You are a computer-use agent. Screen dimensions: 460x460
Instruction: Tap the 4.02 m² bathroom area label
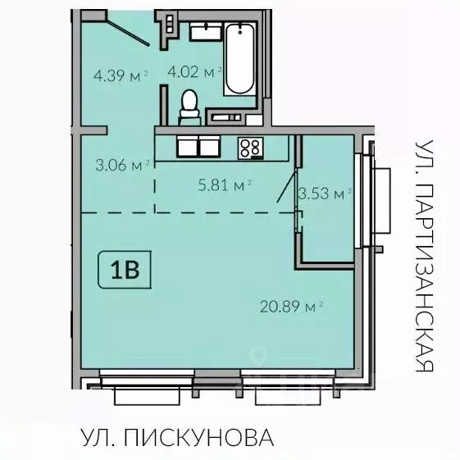point(194,71)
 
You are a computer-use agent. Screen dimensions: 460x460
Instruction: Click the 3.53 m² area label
point(325,194)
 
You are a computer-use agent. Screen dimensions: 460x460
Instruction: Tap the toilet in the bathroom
point(189,106)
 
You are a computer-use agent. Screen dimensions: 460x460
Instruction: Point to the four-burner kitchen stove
point(250,148)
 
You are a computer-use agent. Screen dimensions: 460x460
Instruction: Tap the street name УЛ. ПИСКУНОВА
point(175,437)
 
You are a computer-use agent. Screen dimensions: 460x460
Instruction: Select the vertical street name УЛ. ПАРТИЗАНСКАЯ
point(422,254)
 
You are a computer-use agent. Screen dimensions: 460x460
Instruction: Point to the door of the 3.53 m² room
point(288,182)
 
